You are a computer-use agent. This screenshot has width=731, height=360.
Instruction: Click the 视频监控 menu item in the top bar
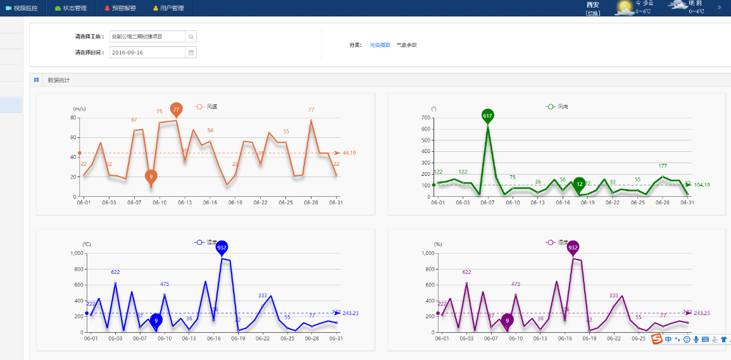tap(26, 8)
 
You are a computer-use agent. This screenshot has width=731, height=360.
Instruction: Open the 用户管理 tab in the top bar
tap(168, 8)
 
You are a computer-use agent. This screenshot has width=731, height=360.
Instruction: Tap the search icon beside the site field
tap(191, 37)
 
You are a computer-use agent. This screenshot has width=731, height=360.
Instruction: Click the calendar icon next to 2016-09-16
tap(191, 53)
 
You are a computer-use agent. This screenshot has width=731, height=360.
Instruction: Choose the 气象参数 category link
tap(406, 45)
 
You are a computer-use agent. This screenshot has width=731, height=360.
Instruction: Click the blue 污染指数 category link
tap(380, 45)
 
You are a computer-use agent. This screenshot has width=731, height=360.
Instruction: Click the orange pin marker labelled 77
tap(177, 109)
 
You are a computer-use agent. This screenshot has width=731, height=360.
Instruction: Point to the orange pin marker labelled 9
tap(151, 176)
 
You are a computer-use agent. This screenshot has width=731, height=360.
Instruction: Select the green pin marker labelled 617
tap(487, 116)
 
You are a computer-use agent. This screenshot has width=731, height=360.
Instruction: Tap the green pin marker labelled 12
tap(579, 184)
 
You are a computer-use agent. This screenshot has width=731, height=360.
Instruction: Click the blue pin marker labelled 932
tap(222, 248)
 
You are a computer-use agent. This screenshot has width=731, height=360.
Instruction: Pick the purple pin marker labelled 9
tap(507, 321)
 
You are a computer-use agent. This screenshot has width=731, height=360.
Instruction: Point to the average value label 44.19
tap(349, 153)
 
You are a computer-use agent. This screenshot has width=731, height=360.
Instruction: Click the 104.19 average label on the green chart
tap(701, 185)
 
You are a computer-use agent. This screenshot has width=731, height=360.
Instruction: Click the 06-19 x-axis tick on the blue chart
tap(238, 338)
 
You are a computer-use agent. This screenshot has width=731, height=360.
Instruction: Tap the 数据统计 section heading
tap(59, 80)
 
